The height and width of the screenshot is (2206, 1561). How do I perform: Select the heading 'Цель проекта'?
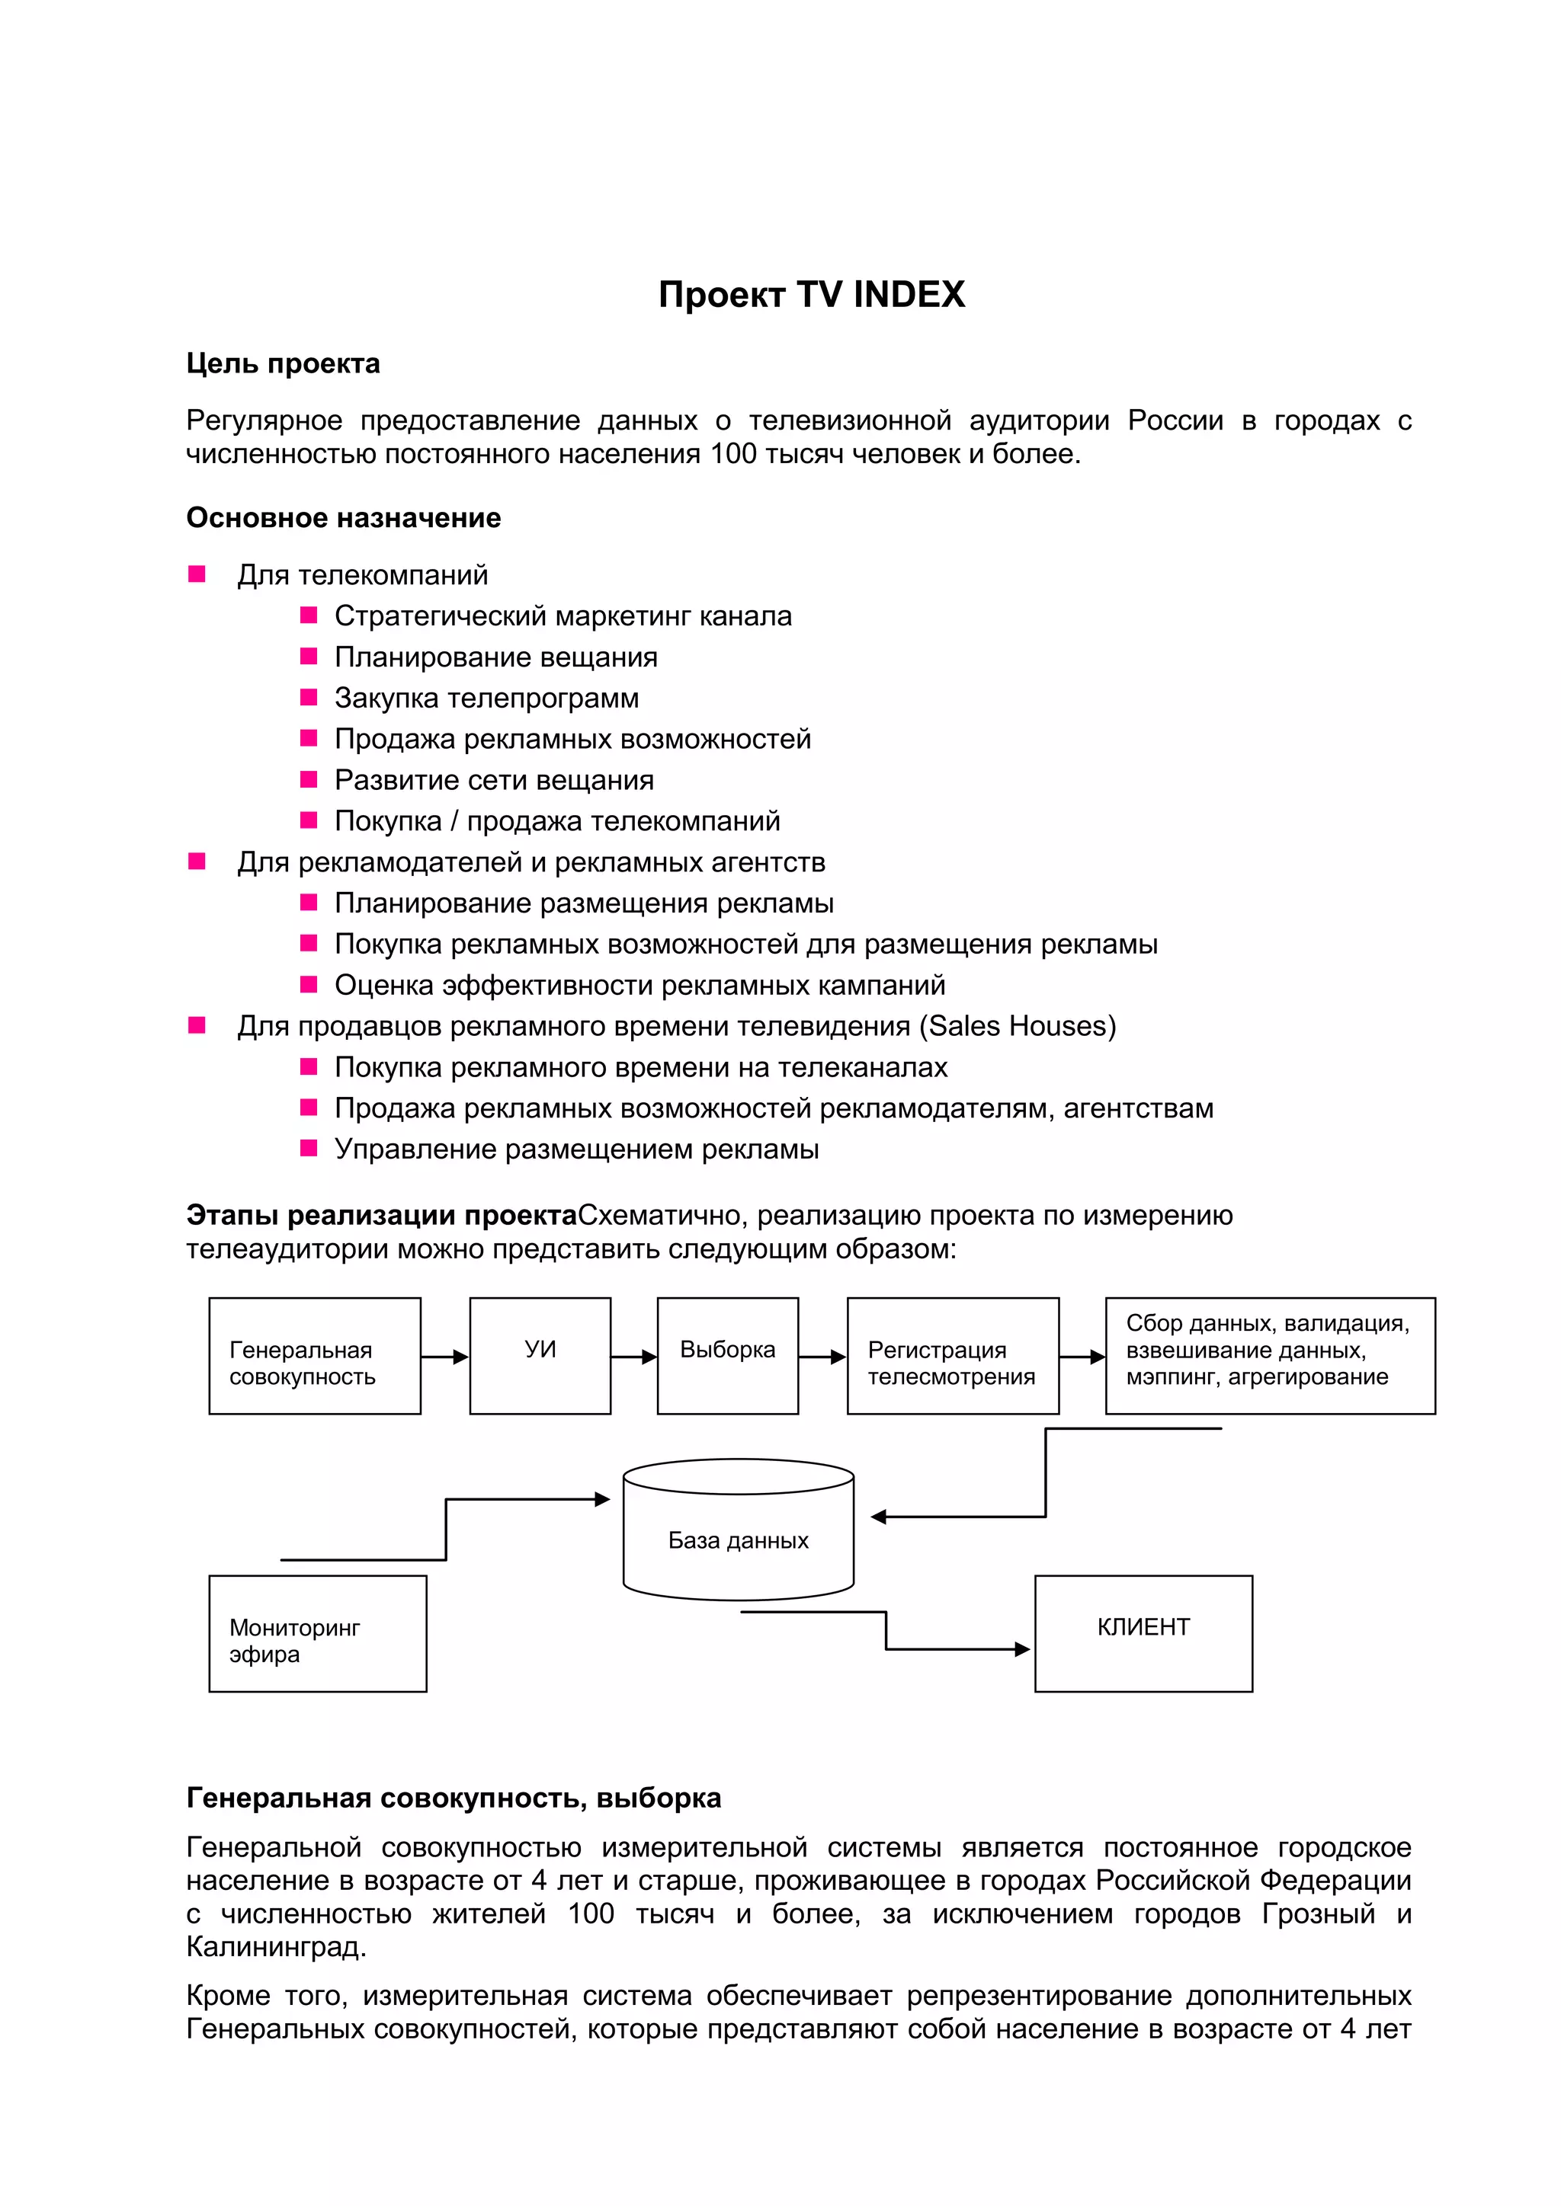click(283, 364)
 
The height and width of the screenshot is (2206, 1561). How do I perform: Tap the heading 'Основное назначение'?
click(343, 518)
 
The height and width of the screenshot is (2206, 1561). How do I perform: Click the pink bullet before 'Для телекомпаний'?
click(197, 574)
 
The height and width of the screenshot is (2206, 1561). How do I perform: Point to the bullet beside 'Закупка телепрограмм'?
click(309, 698)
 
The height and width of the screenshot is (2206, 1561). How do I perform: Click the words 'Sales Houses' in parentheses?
click(1018, 1026)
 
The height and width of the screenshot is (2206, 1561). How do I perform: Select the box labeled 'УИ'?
click(540, 1356)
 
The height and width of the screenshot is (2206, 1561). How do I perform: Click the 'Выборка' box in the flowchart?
click(728, 1356)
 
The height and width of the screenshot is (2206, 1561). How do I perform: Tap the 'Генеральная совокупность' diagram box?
click(314, 1356)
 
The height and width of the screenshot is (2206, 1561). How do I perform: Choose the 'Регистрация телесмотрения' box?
click(953, 1356)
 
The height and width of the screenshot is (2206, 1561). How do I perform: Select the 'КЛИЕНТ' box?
click(1143, 1633)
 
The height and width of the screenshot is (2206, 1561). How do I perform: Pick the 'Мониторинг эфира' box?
click(317, 1633)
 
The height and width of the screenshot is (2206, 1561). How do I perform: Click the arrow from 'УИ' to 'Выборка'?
click(633, 1357)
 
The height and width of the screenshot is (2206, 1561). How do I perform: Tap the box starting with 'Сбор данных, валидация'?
click(1270, 1356)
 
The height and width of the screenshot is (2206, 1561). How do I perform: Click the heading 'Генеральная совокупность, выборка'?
click(454, 1798)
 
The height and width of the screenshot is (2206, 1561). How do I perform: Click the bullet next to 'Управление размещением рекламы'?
click(309, 1148)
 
